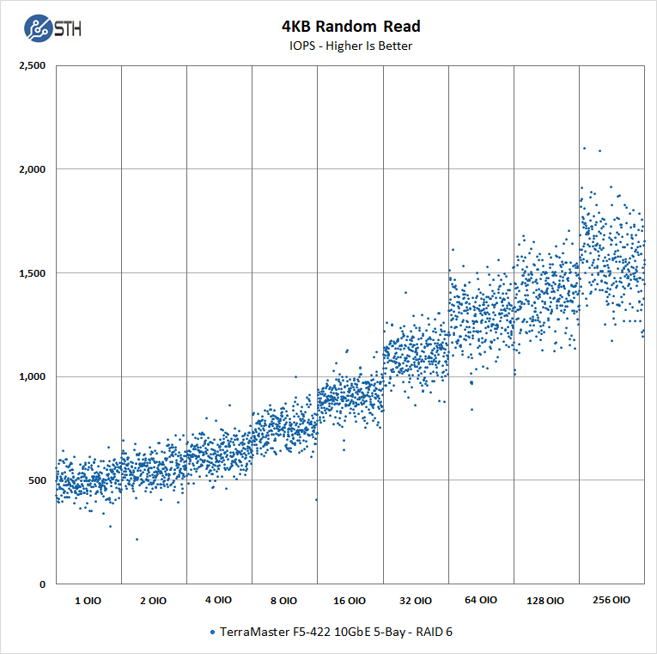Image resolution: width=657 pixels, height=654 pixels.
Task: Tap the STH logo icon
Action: pos(38,28)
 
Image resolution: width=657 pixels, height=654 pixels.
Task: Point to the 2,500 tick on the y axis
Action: pos(33,66)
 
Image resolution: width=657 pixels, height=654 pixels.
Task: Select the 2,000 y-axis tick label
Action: pos(33,169)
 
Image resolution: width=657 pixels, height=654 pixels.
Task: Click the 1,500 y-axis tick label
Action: pos(33,273)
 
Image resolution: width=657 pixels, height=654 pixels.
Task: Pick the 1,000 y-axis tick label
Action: pos(33,376)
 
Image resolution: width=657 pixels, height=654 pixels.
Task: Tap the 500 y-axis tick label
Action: pos(38,480)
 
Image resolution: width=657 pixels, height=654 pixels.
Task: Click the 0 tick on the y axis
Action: pos(43,584)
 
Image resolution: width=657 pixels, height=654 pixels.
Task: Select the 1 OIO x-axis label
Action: pos(88,601)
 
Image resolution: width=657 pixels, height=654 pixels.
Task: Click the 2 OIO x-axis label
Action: pos(153,601)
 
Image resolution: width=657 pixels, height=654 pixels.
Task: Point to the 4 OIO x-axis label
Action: pos(218,601)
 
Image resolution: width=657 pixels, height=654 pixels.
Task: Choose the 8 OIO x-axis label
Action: pos(283,601)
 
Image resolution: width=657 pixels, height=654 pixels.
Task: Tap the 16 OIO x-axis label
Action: pos(349,601)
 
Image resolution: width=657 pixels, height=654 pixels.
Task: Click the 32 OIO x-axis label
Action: pos(415,601)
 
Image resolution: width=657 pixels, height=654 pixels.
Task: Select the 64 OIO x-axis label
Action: pos(480,601)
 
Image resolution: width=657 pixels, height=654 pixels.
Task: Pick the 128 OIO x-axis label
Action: pos(545,601)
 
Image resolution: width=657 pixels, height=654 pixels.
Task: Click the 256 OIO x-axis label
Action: pos(611,601)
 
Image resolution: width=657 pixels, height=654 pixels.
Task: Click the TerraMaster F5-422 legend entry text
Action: pos(335,632)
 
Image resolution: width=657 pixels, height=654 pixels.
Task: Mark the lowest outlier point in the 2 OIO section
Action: pos(137,539)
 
